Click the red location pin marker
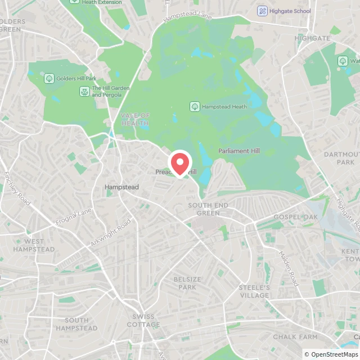coord(180,163)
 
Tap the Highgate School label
coord(290,11)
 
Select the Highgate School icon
coord(262,11)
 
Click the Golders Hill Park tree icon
coord(49,78)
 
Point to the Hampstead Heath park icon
coord(195,106)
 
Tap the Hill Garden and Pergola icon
coord(84,91)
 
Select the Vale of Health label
coord(136,119)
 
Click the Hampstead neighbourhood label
coord(121,187)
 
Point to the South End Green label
coord(208,209)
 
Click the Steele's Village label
coord(255,291)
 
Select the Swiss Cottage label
coord(143,321)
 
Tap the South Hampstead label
coord(76,324)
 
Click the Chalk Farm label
coord(292,336)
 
